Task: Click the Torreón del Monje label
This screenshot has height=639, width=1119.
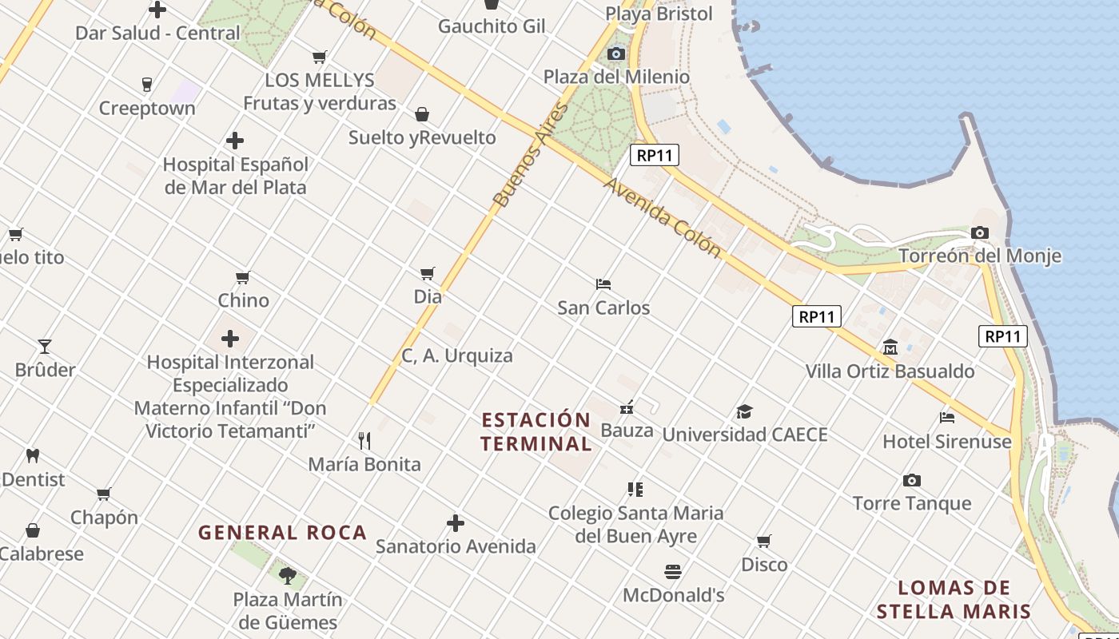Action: (x=980, y=256)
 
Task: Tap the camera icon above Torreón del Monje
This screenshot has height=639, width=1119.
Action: (x=979, y=233)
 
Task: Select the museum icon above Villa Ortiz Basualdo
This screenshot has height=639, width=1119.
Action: (x=890, y=347)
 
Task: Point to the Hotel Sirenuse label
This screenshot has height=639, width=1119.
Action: (x=947, y=442)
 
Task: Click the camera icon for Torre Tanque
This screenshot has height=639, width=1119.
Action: (x=911, y=480)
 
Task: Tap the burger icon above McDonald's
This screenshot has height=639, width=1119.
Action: (x=673, y=572)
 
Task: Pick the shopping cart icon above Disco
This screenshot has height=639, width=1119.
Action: (x=764, y=542)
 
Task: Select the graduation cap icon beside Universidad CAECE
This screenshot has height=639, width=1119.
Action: (x=744, y=412)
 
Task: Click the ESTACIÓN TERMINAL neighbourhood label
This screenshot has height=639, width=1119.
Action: (x=536, y=431)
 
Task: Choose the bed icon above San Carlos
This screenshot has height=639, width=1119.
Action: (x=603, y=284)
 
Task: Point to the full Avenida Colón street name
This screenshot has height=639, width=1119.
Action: (x=663, y=216)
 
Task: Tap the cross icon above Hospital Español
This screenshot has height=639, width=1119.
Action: (x=235, y=141)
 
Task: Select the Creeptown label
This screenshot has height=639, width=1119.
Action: (x=147, y=109)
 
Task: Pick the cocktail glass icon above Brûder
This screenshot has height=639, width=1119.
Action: (x=45, y=347)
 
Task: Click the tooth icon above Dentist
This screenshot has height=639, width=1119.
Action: (x=33, y=456)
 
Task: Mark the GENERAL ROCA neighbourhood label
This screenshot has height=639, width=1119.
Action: (x=282, y=533)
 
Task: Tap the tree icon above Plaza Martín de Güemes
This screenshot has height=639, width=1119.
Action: (x=288, y=575)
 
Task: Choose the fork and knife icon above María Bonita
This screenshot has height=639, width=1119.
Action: (x=364, y=440)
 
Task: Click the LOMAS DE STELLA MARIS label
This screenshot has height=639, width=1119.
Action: (x=954, y=600)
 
